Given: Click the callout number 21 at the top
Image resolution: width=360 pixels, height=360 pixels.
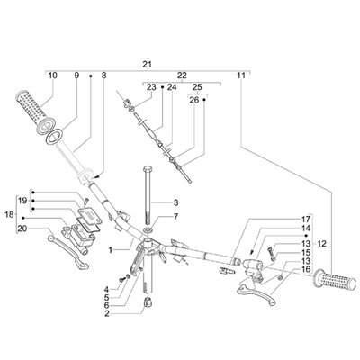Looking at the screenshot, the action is point(147,64).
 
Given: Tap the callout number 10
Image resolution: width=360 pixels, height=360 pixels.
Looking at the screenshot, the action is point(52,76).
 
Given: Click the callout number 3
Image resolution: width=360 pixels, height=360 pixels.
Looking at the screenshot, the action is point(175,202).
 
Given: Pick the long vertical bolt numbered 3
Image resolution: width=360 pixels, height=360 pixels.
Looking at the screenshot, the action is point(148,195).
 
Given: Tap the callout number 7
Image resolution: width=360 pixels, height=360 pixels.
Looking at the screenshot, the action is point(175,216).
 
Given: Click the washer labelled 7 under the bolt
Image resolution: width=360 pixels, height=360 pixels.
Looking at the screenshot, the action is point(148,230).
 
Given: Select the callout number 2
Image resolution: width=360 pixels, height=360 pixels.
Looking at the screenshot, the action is point(106,314).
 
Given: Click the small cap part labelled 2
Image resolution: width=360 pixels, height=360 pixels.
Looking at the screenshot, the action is point(147,302).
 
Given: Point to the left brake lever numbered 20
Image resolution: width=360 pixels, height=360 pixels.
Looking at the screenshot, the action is point(67,251).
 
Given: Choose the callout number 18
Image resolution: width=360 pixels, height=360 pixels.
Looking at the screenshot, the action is point(10,214).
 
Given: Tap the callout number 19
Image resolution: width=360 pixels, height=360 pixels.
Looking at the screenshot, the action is point(22,201).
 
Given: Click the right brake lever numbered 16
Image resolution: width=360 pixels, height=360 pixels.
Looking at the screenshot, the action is point(256,292).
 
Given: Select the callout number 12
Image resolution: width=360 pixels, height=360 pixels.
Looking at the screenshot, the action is point(321,244).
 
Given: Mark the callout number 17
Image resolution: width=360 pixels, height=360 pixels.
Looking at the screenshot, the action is point(306,219).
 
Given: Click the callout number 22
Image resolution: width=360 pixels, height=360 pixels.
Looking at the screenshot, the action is point(182,76).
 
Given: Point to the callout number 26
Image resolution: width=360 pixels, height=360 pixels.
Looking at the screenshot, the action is point(194,100).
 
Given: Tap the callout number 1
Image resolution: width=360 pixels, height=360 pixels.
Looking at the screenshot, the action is point(110,249).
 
